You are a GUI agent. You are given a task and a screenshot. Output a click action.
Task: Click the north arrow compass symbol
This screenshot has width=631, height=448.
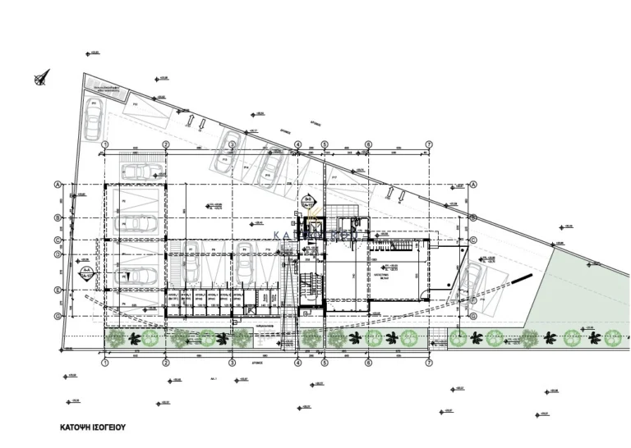pos(42,78)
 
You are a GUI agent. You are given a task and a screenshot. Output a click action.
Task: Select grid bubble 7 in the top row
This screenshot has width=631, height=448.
pos(429,144)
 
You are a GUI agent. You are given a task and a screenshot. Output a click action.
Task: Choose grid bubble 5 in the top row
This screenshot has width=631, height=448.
pos(325,144)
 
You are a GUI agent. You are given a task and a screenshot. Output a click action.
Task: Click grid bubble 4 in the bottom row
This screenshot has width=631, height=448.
pos(297,362)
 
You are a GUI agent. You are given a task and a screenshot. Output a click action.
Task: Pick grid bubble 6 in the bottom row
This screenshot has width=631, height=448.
pos(368,362)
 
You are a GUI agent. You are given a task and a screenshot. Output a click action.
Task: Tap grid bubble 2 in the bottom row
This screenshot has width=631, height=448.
pos(166,362)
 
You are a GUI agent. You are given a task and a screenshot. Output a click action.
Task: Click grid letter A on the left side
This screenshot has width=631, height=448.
pos(58,185)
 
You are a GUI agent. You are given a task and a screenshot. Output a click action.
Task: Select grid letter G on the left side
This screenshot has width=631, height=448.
pos(58,316)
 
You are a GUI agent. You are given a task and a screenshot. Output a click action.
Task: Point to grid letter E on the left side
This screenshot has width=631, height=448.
pos(58,290)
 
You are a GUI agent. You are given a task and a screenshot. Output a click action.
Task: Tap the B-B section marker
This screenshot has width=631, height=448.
pos(308,199)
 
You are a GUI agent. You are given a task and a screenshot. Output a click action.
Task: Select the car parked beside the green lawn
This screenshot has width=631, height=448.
pos(474,279)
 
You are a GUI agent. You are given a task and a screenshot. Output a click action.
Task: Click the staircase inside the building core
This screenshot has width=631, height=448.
pos(306,283)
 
